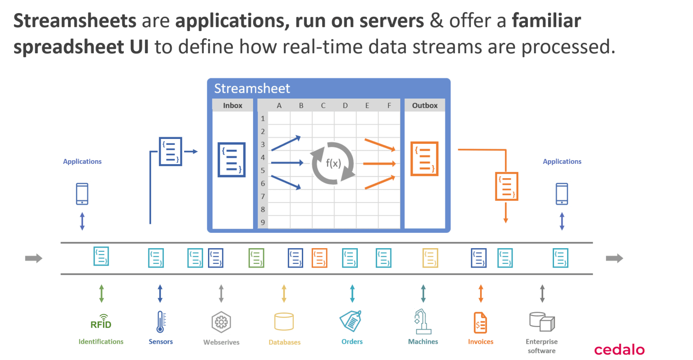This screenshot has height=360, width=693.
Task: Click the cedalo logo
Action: (619, 349)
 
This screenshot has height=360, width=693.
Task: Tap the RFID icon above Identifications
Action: (101, 322)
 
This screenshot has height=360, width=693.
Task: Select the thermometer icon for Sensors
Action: (160, 322)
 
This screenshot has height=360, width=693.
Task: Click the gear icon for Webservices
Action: (221, 322)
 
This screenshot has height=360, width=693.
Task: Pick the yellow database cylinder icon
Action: (284, 322)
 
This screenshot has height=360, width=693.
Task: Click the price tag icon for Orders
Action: (351, 321)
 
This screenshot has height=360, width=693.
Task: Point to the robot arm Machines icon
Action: (423, 321)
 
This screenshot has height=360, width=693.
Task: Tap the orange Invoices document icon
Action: (480, 322)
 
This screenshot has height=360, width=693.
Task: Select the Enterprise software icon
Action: (542, 322)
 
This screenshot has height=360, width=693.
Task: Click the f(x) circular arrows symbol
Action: (333, 163)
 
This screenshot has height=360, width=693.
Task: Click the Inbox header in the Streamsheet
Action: (232, 106)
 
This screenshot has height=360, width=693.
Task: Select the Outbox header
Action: (425, 106)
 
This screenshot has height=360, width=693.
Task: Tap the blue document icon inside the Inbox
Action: (231, 160)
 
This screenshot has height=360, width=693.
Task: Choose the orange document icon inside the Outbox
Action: (424, 159)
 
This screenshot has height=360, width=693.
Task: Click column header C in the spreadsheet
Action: (323, 106)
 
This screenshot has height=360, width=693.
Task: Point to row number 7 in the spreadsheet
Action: (263, 196)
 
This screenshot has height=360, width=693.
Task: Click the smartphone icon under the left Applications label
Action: (82, 194)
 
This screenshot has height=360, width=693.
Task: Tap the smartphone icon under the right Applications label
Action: (562, 194)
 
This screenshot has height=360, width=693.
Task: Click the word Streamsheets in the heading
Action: (75, 21)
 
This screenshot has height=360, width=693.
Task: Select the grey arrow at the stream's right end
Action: (614, 258)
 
